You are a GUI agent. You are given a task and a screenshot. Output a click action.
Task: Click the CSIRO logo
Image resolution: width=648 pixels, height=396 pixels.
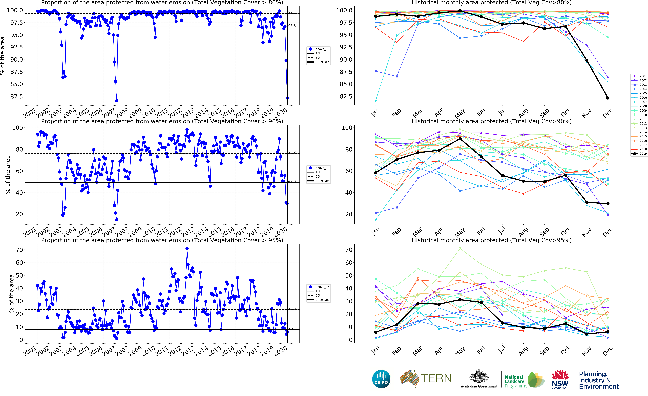(381, 379)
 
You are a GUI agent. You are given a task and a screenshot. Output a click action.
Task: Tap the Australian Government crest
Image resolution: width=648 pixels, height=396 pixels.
(479, 377)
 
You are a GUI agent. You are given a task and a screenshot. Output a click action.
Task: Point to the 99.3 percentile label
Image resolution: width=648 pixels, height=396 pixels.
(292, 12)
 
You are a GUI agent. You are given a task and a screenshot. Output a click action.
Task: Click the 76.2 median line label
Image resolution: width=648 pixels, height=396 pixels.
(292, 152)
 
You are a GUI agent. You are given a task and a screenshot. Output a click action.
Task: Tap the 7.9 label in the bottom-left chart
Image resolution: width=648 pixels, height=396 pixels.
(291, 328)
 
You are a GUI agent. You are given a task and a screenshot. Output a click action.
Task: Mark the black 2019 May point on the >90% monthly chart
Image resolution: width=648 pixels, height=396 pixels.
(460, 139)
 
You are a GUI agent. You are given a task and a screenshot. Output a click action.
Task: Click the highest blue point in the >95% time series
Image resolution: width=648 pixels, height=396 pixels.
(187, 248)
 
